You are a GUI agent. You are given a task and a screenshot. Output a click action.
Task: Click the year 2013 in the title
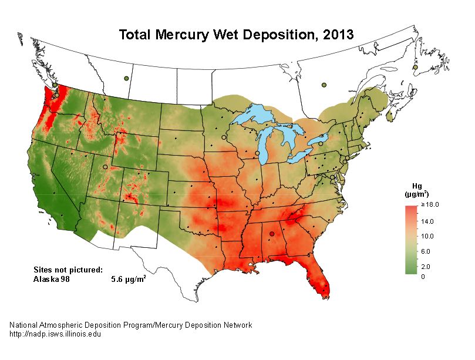coord(336,35)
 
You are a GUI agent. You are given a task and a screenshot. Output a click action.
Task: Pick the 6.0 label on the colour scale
coord(427,251)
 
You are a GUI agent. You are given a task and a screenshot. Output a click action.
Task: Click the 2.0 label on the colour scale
coord(427,267)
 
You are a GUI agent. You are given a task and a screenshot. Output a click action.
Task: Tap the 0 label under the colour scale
coord(423,276)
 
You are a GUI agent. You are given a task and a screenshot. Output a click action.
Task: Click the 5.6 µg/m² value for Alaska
coord(129,280)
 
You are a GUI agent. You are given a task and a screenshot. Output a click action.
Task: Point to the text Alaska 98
coord(52,280)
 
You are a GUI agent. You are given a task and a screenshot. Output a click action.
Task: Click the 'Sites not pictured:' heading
coord(68,270)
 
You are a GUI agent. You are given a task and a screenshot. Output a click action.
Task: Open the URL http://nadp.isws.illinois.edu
coord(55,334)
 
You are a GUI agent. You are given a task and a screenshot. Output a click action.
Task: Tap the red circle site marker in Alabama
coord(271,234)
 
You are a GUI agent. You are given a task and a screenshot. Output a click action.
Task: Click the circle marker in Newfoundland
coord(415,68)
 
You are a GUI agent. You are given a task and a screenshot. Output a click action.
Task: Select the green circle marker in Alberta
coord(126,78)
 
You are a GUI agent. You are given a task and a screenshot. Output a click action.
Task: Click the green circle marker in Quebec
coord(324,85)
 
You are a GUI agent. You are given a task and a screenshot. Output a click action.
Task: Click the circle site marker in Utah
coord(105,167)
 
